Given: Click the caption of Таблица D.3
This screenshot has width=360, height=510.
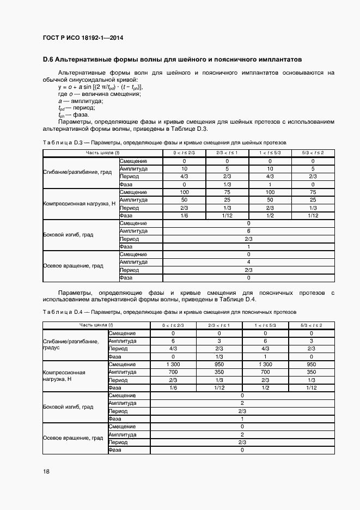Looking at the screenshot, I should (164, 143).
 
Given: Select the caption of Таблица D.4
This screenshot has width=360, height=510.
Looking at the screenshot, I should (169, 312).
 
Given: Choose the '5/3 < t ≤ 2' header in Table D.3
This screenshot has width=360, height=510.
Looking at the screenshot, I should (313, 153).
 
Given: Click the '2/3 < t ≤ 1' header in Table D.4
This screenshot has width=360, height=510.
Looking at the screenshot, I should (219, 325).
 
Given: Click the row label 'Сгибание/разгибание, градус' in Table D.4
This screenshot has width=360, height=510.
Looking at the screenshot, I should (71, 344).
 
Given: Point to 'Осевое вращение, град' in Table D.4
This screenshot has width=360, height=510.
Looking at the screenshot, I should (73, 438).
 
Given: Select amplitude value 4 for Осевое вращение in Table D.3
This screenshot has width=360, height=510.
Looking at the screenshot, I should (248, 262).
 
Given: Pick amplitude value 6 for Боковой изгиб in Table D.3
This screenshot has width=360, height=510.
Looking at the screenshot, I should (248, 231).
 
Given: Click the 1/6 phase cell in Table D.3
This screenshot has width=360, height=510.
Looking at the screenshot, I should (185, 216).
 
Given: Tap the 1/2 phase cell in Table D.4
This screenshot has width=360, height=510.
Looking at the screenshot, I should (265, 387).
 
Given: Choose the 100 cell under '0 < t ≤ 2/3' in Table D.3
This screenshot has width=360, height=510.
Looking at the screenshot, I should (185, 192).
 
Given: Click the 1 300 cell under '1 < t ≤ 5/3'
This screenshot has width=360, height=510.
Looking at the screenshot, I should (265, 364).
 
